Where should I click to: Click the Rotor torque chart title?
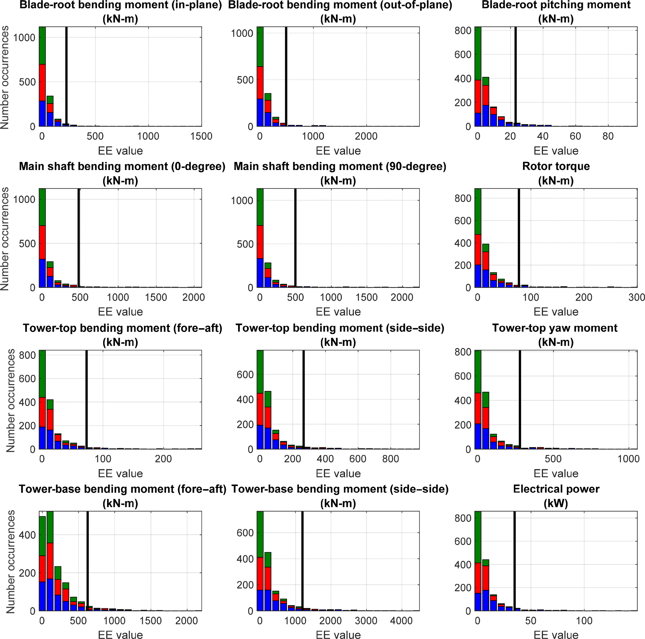556,166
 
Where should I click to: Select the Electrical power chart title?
556,489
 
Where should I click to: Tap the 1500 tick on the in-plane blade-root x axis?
201,136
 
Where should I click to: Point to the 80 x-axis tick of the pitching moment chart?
608,136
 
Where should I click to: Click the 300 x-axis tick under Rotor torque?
636,297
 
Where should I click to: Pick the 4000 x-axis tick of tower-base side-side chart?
401,621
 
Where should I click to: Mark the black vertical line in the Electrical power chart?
515,561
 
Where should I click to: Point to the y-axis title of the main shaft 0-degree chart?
5,238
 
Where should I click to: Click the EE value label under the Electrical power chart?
556,635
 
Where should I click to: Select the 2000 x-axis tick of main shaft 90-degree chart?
402,297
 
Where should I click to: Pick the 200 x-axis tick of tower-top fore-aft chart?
163,459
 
